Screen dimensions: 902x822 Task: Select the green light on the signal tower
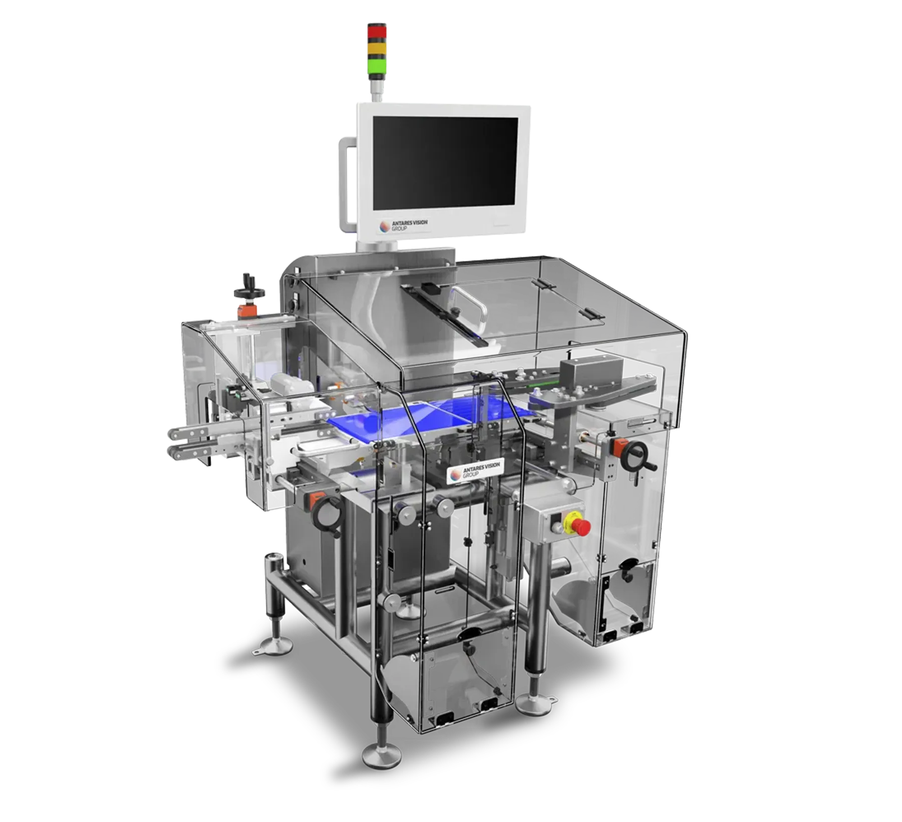click(377, 67)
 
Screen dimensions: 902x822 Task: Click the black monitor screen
click(445, 163)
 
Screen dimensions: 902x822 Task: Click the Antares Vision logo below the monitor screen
click(404, 225)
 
